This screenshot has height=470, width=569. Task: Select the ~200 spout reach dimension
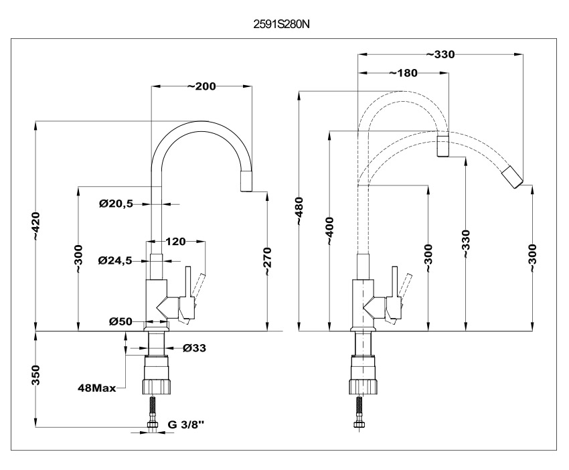point(202,86)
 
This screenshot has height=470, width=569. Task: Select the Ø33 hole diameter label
point(193,347)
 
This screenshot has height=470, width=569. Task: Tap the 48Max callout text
point(97,387)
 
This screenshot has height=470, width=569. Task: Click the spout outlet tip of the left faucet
point(247,181)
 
